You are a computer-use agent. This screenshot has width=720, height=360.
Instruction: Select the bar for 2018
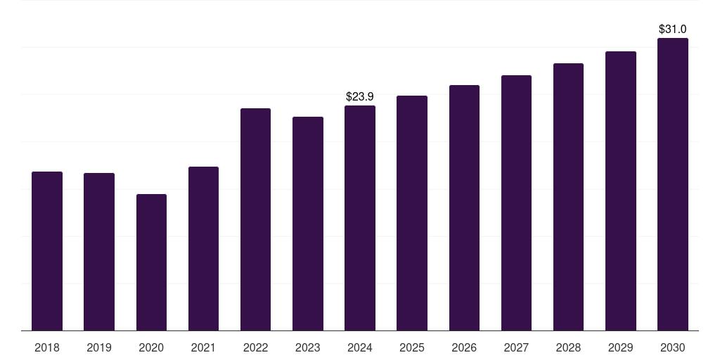click(47, 251)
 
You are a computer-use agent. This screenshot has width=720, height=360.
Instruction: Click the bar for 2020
click(152, 262)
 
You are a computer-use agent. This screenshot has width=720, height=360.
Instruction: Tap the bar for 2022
click(256, 219)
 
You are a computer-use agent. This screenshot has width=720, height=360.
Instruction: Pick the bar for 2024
click(360, 218)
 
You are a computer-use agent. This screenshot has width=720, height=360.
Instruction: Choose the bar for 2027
click(517, 203)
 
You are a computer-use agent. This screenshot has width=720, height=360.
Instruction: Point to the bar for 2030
click(673, 184)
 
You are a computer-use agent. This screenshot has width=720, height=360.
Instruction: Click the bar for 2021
click(203, 248)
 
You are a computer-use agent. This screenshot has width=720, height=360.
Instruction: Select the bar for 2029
click(621, 191)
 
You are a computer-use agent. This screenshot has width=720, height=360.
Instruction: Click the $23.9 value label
click(360, 97)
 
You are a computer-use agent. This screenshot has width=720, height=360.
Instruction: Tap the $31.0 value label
click(673, 30)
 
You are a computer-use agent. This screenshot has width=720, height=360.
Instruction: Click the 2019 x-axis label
click(99, 348)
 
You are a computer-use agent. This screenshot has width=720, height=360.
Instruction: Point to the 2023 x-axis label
click(308, 348)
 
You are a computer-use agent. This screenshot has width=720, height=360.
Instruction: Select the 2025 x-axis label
click(412, 348)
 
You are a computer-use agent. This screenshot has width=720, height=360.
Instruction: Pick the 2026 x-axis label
click(464, 348)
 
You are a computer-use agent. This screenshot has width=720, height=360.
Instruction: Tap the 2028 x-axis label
click(568, 348)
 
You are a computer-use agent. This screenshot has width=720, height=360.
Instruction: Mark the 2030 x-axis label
click(673, 348)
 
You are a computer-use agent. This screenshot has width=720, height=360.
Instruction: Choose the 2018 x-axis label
click(47, 348)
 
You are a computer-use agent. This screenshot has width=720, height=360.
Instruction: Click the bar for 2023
click(308, 224)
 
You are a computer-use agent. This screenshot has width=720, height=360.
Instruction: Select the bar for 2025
click(412, 213)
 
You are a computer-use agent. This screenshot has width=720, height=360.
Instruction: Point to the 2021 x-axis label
click(203, 348)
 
